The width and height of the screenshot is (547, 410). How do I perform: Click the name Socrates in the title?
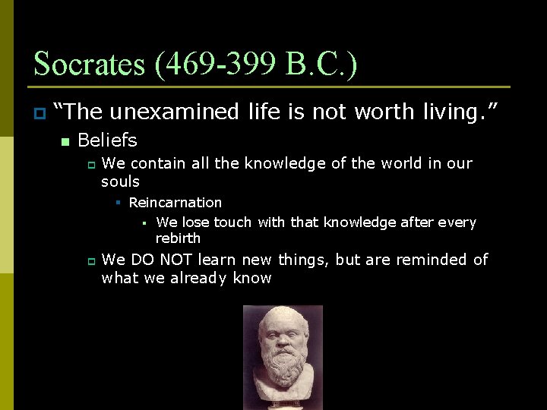[90, 64]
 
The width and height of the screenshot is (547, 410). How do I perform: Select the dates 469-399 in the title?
[223, 64]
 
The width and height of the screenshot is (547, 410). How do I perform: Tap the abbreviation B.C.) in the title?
[322, 64]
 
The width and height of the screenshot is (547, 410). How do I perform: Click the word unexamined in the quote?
[174, 112]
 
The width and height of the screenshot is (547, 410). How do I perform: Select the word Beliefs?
[107, 140]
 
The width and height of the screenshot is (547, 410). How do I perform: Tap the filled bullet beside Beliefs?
[65, 141]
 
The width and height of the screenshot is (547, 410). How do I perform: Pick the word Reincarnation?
[175, 203]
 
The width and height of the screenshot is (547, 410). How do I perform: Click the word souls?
[120, 182]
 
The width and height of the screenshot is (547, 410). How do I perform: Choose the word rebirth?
[178, 238]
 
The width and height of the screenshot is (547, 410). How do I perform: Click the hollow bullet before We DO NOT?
[89, 260]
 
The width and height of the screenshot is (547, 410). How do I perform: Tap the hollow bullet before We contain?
[89, 164]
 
